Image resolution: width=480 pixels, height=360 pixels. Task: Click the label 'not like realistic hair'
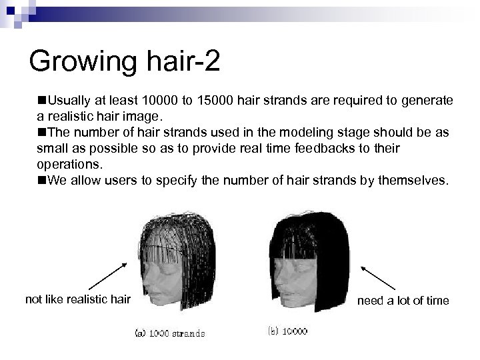click(77, 300)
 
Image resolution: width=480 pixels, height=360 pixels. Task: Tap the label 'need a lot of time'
click(403, 301)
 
